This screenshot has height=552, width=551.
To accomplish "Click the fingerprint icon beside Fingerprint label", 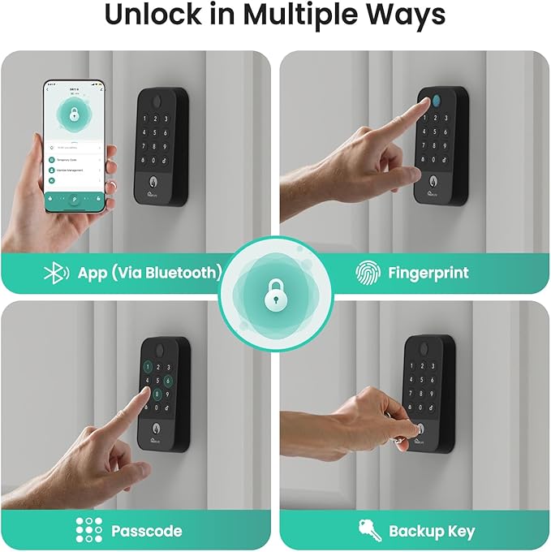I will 368,273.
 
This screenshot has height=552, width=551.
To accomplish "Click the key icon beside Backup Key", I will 369,531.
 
